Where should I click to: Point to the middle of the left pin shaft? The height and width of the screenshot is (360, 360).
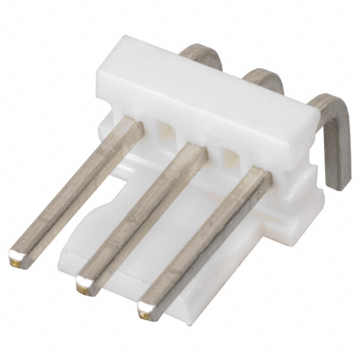[76, 188]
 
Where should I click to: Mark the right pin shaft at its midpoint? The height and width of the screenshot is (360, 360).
[205, 239]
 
